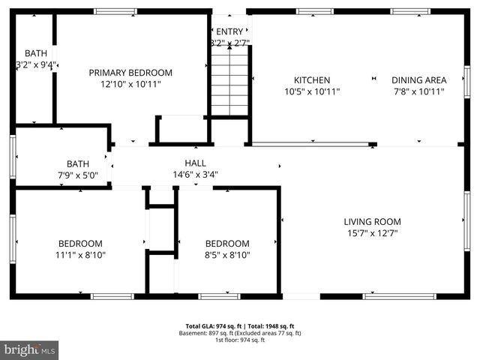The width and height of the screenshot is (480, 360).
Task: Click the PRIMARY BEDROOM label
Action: (130, 73)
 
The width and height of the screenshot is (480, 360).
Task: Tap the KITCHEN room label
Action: (312, 80)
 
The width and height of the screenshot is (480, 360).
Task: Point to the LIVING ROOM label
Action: (372, 222)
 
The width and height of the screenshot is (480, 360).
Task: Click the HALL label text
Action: (195, 163)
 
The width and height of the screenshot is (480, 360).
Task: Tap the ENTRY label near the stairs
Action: (229, 31)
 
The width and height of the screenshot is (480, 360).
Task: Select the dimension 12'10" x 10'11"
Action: (130, 84)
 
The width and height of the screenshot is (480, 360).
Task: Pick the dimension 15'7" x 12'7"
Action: (372, 233)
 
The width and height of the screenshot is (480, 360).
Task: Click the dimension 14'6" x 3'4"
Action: (195, 174)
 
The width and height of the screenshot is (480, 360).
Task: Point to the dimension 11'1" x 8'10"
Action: (81, 255)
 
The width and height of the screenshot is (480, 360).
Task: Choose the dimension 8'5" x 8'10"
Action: (227, 255)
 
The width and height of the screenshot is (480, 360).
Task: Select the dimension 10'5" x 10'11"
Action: (312, 91)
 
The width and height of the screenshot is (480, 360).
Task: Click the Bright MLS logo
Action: (30, 349)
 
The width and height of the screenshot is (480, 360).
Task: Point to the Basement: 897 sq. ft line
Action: (240, 333)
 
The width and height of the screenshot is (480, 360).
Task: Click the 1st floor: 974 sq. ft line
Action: (240, 340)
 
